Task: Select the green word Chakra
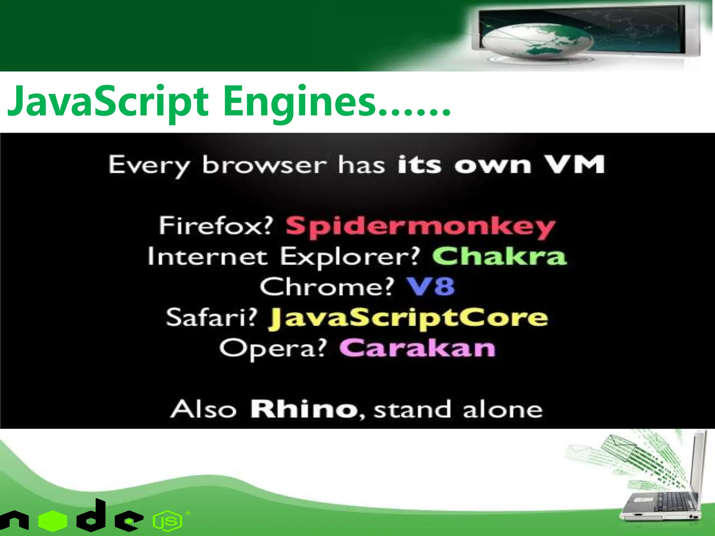499,256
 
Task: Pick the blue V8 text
431,287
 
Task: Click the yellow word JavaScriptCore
408,318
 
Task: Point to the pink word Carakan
417,348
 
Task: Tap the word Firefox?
215,226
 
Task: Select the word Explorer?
350,257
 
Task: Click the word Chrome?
327,287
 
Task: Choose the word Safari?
212,318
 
